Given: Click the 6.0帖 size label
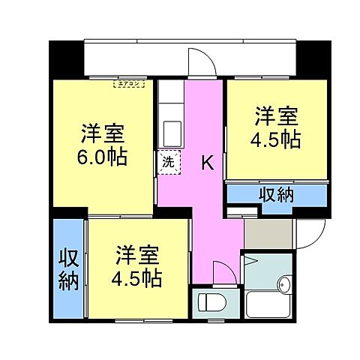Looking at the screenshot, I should click(103, 158).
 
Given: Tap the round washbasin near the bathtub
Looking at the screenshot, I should click(285, 284).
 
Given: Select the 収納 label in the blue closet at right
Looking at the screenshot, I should click(277, 194).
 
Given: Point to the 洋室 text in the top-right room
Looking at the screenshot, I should click(277, 116).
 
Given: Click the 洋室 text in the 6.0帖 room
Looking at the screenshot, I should click(103, 135).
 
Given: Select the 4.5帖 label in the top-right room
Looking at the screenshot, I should click(277, 140).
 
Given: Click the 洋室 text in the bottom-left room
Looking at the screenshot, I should click(138, 254).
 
